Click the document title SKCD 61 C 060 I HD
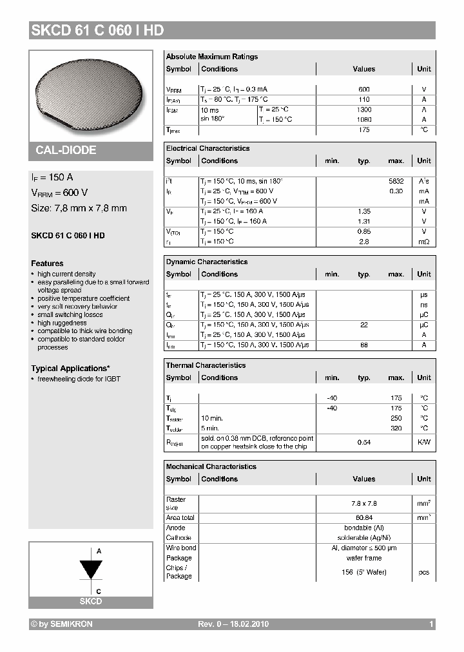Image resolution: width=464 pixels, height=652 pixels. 97,30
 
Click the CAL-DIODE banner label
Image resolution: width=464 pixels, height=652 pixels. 66,150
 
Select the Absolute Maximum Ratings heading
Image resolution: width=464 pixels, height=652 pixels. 211,57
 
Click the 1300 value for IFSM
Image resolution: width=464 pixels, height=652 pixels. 363,110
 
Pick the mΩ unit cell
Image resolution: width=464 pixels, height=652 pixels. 423,242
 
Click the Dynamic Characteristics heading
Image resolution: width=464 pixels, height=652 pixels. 207,262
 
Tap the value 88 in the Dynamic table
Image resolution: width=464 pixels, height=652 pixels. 363,345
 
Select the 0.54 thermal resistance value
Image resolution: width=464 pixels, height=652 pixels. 363,443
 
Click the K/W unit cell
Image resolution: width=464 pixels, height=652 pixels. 423,443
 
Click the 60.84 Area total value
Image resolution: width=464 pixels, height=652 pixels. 363,517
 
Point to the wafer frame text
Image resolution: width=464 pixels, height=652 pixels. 363,558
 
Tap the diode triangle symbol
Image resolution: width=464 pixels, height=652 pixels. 90,570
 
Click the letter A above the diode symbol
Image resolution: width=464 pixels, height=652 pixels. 99,551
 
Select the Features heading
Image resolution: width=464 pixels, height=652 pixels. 47,264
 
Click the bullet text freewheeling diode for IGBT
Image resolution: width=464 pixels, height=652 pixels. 79,379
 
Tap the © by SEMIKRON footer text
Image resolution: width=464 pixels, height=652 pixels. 62,624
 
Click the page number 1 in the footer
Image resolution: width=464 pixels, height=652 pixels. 430,624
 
